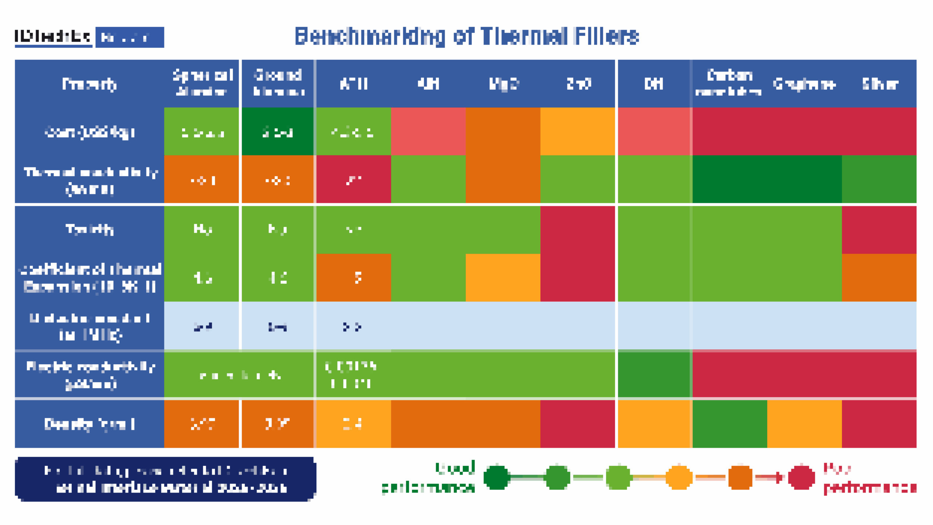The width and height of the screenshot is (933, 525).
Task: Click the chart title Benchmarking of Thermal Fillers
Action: (x=466, y=36)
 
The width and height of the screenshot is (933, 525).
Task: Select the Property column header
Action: (x=89, y=84)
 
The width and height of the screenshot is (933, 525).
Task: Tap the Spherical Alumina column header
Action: (x=202, y=83)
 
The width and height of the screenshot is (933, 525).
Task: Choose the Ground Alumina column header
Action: (x=278, y=83)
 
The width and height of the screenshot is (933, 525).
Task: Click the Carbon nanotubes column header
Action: (x=729, y=83)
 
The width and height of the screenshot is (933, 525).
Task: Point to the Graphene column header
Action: (x=804, y=84)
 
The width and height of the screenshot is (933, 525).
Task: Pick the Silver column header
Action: (x=880, y=84)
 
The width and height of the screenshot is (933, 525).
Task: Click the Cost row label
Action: (x=89, y=132)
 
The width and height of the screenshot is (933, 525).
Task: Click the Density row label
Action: (x=89, y=424)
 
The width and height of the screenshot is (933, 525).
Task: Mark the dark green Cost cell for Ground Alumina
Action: (x=278, y=132)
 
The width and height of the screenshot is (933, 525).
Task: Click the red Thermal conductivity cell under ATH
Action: (x=354, y=179)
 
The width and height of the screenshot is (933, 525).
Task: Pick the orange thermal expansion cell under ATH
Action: (x=354, y=278)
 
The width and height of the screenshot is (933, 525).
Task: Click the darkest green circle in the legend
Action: (x=496, y=477)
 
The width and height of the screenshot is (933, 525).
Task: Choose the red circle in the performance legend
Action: (x=801, y=477)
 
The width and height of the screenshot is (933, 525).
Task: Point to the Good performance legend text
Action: (x=429, y=478)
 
